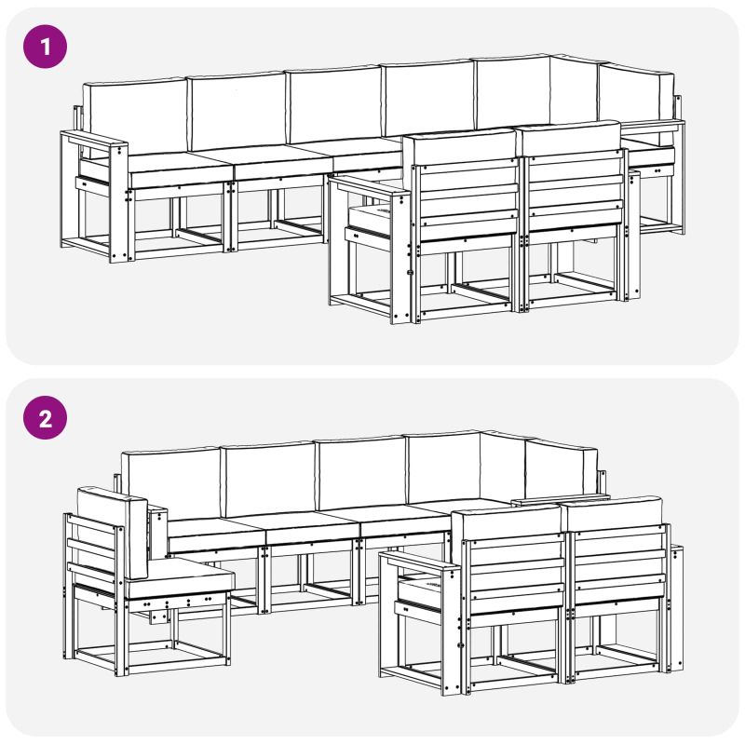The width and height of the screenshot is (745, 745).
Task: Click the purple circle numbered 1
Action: [45, 47]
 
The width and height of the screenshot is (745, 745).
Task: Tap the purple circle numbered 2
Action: [45, 417]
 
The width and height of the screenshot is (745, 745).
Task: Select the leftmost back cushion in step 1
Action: [134, 116]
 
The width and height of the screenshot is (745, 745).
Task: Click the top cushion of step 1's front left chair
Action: [459, 147]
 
